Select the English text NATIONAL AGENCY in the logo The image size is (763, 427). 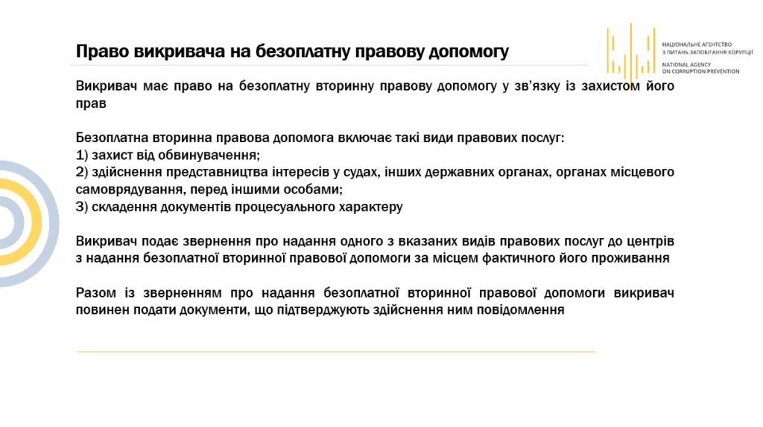686,65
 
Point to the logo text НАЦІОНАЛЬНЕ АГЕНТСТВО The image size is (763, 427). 697,45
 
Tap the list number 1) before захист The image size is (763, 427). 82,155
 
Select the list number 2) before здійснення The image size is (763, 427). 82,173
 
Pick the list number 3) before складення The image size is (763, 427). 82,208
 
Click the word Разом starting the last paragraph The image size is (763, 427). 96,293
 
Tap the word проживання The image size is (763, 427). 630,258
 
